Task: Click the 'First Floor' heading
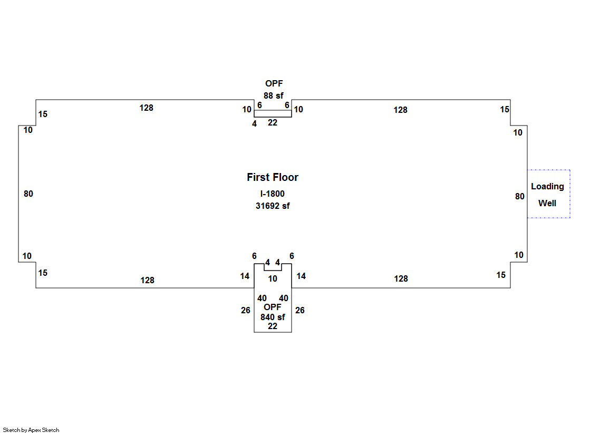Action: (x=272, y=177)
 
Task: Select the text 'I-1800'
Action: (x=272, y=194)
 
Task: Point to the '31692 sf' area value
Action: (x=272, y=206)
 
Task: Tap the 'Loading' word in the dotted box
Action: (x=547, y=186)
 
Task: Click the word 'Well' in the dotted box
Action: (x=547, y=203)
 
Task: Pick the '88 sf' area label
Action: (x=273, y=95)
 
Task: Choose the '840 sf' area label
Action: (x=273, y=317)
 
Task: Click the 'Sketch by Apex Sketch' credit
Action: (x=31, y=430)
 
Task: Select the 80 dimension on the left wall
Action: (x=28, y=194)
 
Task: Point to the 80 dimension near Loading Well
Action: (x=519, y=196)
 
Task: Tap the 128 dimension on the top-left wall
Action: (x=146, y=108)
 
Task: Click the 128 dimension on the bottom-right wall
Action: (x=401, y=278)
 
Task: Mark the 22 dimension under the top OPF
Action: (x=272, y=122)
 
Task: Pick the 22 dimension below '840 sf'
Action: (x=272, y=326)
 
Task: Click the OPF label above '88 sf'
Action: (x=273, y=83)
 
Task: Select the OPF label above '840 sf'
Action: (x=273, y=307)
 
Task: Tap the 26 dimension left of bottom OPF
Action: (x=245, y=310)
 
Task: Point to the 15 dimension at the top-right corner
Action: (x=505, y=109)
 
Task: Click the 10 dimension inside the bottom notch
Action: (x=272, y=278)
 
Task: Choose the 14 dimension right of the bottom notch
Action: (x=301, y=276)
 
